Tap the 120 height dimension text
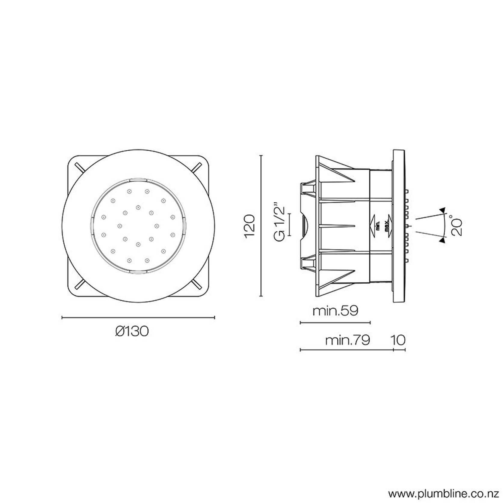pyautogui.click(x=250, y=226)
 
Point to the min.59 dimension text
pyautogui.click(x=335, y=311)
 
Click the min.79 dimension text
pyautogui.click(x=347, y=340)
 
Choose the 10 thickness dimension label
pyautogui.click(x=398, y=340)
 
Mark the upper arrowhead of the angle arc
pyautogui.click(x=442, y=210)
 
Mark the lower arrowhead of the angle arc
pyautogui.click(x=442, y=241)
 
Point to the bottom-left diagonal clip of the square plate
pyautogui.click(x=80, y=284)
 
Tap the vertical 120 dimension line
pyautogui.click(x=261, y=226)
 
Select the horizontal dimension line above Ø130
pyautogui.click(x=138, y=317)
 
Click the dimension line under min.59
pyautogui.click(x=335, y=323)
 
